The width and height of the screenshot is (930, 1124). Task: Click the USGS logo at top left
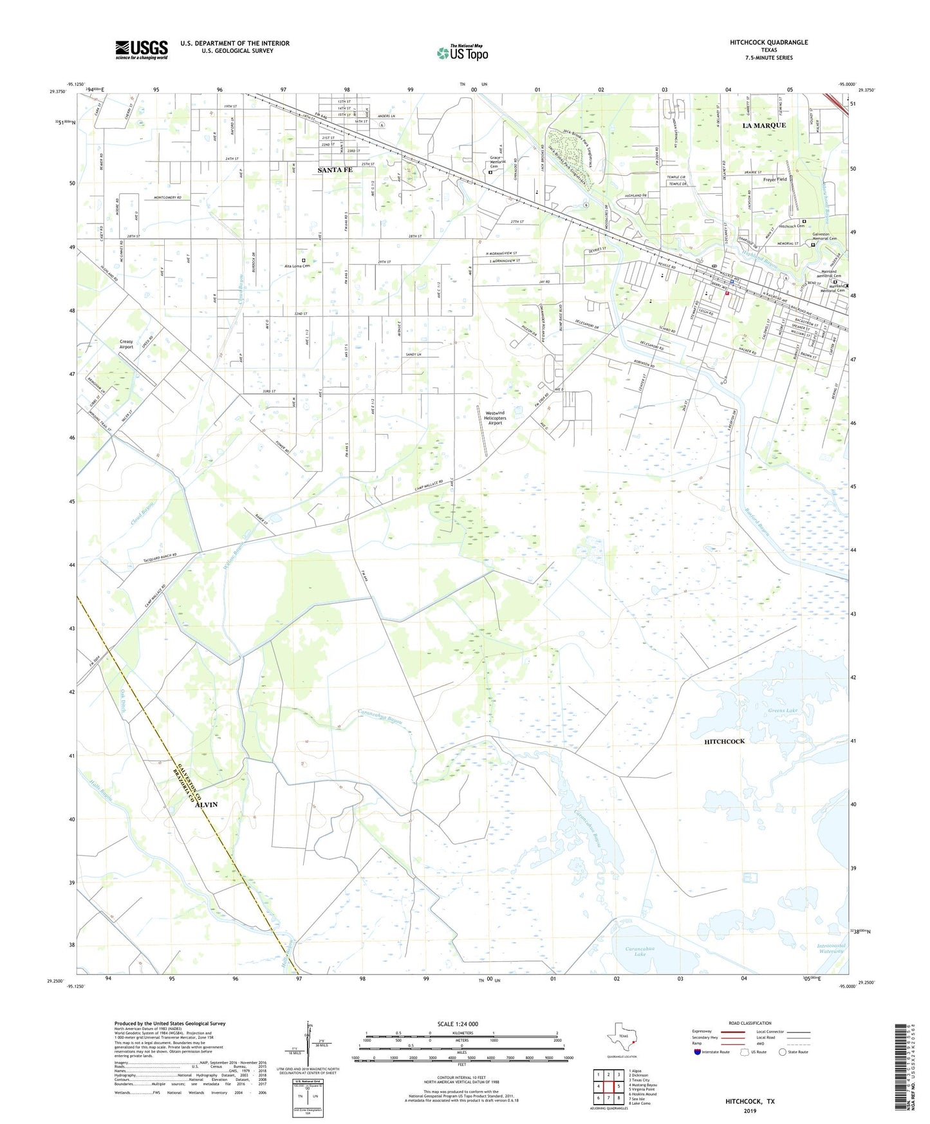coord(142,50)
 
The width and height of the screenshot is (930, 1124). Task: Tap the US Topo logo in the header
coord(461,52)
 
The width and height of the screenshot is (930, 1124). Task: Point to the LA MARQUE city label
coord(764,125)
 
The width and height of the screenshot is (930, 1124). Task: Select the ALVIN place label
coord(206,805)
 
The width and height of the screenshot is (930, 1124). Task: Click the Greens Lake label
coord(782,711)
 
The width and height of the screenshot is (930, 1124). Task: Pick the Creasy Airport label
coord(126,344)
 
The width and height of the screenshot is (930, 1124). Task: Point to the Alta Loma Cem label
coord(297,266)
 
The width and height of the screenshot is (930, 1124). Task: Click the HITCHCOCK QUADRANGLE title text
coord(768,42)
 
